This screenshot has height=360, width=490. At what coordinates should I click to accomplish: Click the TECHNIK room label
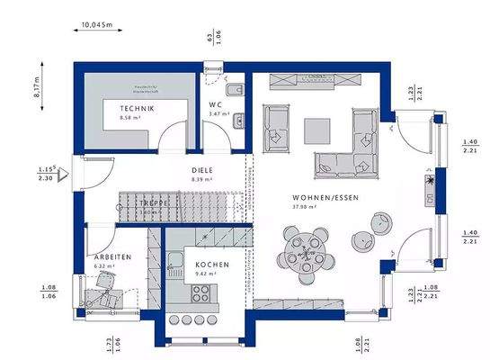(137, 109)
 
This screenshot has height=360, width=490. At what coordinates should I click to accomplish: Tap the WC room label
(217, 104)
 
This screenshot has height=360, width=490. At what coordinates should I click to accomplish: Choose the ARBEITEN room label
(113, 256)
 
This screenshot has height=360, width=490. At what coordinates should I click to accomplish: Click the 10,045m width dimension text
(97, 25)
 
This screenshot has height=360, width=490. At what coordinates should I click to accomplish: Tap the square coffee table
(316, 130)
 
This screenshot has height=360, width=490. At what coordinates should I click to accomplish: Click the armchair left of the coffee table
(275, 127)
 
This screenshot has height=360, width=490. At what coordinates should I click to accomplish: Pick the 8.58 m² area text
(135, 118)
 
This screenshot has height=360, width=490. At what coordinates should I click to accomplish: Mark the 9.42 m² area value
(207, 273)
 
